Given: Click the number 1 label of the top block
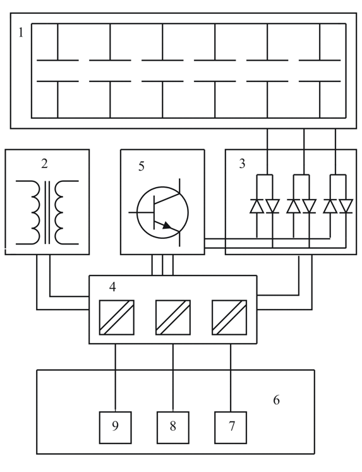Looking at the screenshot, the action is [20, 32].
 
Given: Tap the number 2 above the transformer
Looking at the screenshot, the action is [44, 164].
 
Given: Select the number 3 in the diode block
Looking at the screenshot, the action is [242, 164].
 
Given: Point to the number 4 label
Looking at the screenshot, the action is [112, 287].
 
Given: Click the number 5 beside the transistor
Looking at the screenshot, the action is [141, 166].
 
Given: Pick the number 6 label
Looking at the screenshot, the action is [276, 400].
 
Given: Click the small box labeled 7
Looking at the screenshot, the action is [231, 427].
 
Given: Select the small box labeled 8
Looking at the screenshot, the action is [173, 427].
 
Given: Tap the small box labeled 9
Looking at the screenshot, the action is [115, 427].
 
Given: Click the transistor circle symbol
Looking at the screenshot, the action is [137, 212].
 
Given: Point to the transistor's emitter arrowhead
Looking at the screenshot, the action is [167, 226].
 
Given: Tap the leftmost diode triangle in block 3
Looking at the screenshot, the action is [257, 207].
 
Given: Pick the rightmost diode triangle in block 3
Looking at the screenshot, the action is [346, 207].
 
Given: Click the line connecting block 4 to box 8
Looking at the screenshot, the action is [173, 377].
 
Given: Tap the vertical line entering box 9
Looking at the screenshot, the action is [115, 377].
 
